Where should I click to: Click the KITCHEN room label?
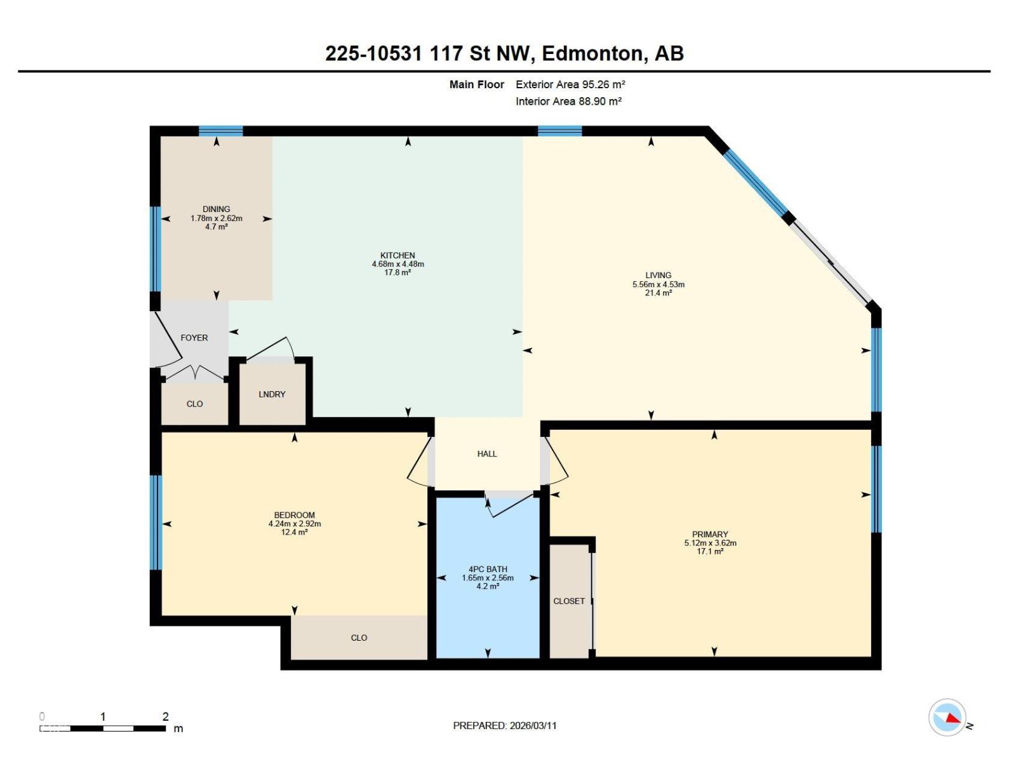point(398,255)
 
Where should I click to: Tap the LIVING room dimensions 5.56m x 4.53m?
point(658,284)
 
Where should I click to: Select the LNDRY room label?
point(272,394)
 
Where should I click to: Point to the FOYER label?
point(194,338)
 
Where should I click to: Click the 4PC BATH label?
point(488,569)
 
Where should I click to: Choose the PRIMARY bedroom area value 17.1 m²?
point(710,552)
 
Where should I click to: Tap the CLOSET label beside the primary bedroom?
point(569,601)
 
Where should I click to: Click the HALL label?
point(487,453)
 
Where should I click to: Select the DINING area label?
point(217,209)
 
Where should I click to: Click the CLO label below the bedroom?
point(359,638)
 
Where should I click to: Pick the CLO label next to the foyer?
point(194,404)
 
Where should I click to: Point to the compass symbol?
point(947,718)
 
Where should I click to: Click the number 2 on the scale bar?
point(166,716)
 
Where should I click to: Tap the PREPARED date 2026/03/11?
point(533,725)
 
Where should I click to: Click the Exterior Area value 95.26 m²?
point(603,84)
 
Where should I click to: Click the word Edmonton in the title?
point(592,53)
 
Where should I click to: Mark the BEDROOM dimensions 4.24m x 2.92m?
point(295,524)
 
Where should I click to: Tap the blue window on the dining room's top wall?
point(221,131)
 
